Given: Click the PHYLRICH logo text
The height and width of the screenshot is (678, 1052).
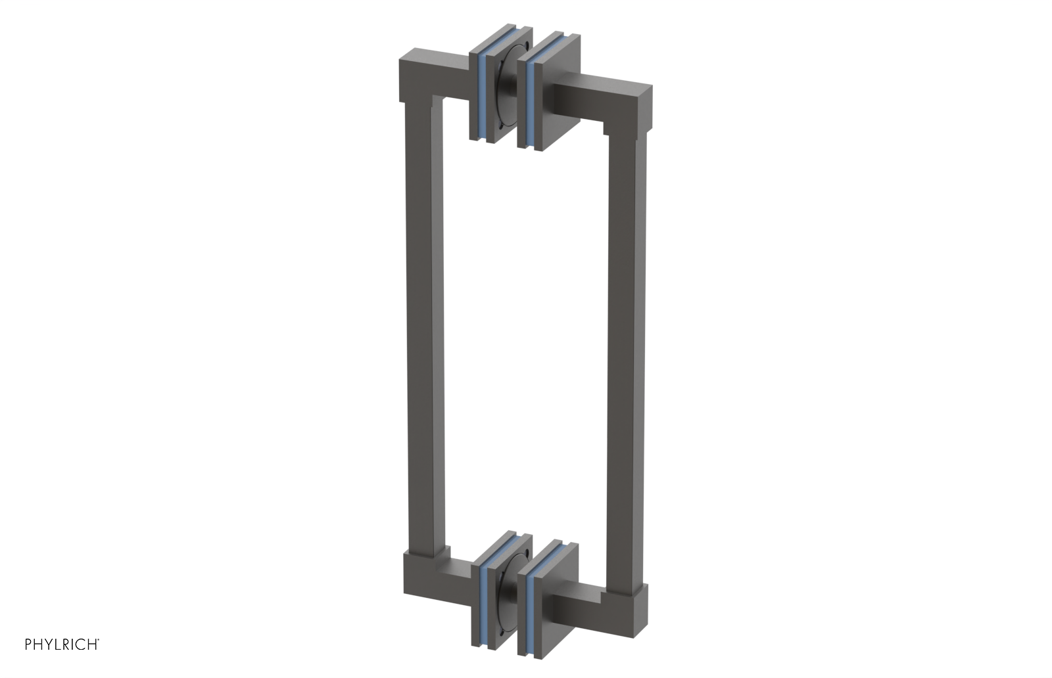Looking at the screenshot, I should tap(62, 644).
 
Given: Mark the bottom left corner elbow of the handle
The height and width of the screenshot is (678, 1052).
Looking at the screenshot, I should tap(421, 575).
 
